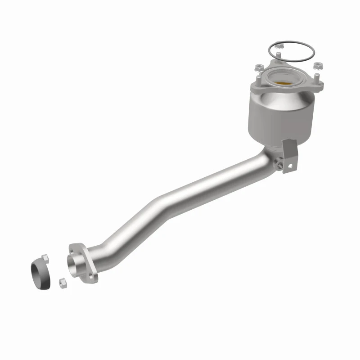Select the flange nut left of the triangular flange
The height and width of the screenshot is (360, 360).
pyautogui.click(x=259, y=68)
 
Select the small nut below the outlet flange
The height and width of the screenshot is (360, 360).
pyautogui.click(x=62, y=283)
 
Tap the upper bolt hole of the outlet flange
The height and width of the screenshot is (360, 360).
pyautogui.click(x=73, y=247)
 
